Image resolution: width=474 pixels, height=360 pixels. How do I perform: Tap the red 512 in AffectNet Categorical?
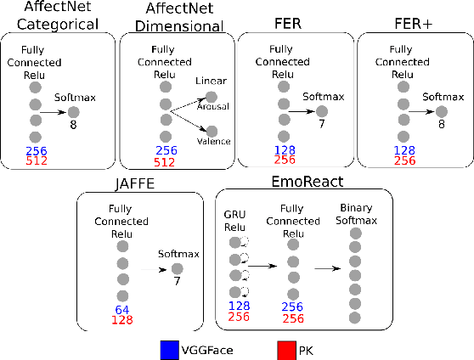coord(36,160)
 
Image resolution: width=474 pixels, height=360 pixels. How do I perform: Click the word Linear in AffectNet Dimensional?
coord(210,81)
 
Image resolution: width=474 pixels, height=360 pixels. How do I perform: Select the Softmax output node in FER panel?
coord(322,111)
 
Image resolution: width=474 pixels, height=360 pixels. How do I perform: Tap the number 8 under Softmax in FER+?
coord(441,123)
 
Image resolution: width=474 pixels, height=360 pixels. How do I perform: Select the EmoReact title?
coord(306,183)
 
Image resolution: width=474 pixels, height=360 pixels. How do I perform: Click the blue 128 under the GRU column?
coord(239,306)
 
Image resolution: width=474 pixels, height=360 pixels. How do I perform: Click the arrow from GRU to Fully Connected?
coord(266,265)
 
